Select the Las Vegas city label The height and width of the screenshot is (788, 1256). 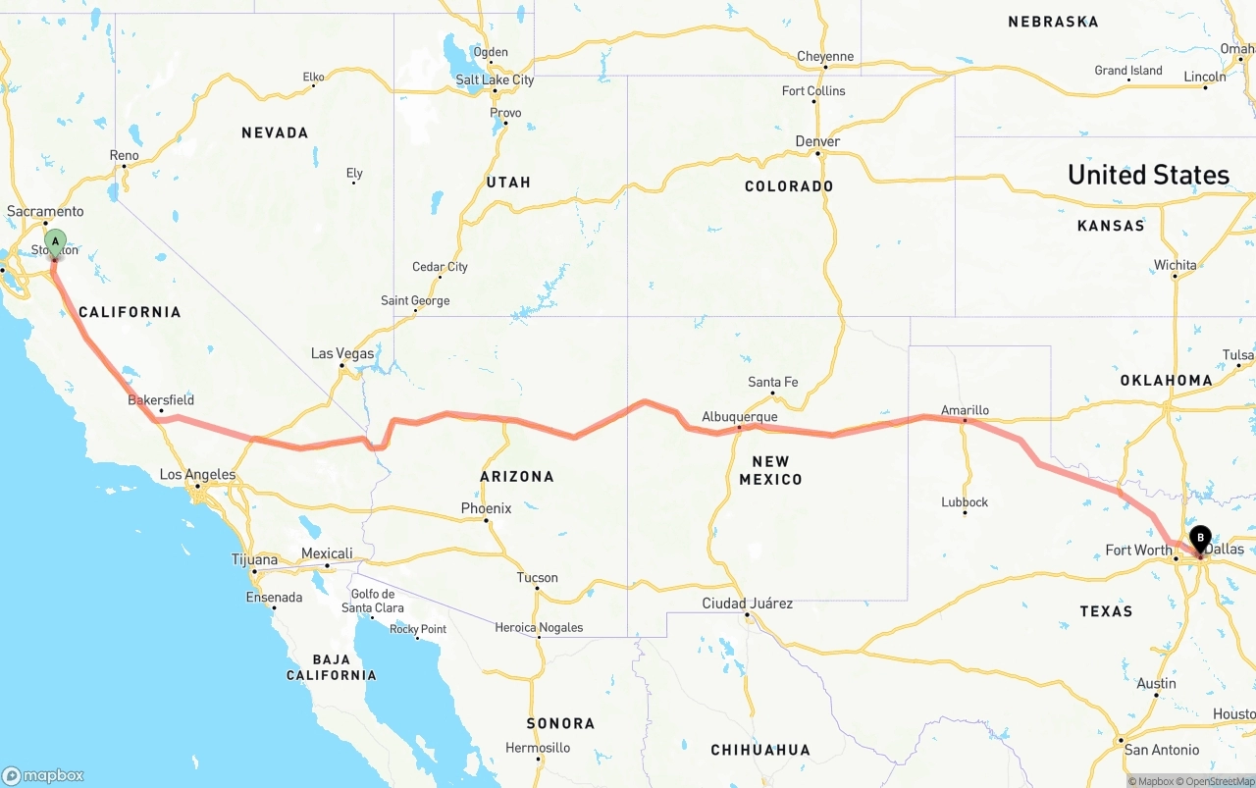click(342, 353)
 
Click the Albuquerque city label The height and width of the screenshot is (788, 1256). click(739, 417)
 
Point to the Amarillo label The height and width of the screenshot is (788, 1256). click(965, 410)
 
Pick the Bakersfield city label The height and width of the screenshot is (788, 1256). click(161, 399)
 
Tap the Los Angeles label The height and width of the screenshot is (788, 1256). click(197, 475)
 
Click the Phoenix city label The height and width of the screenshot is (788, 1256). click(487, 508)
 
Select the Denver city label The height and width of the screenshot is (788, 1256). click(817, 142)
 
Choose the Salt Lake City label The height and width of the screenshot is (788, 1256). click(495, 79)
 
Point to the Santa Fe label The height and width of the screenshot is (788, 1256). click(772, 382)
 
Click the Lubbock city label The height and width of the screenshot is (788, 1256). click(965, 502)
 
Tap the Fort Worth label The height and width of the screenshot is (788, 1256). click(1138, 550)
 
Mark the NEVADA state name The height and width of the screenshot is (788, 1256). click(275, 132)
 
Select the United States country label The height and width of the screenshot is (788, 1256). click(1148, 175)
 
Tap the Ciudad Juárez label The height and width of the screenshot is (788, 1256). click(747, 604)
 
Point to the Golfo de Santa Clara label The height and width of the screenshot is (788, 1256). click(373, 601)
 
